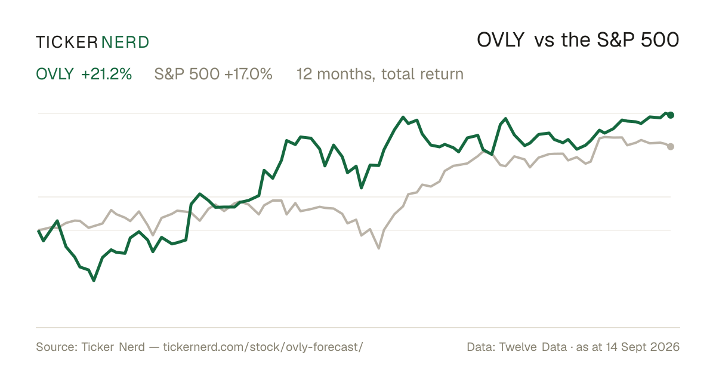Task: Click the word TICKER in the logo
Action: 67,42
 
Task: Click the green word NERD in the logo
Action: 125,42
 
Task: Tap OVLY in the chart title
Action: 501,40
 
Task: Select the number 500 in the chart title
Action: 660,40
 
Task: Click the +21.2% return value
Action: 106,74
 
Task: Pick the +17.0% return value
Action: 248,74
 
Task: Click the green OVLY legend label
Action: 55,74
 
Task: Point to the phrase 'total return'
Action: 422,74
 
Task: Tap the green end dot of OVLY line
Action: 671,115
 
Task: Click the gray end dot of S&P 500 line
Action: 671,146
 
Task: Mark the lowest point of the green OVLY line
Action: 94,281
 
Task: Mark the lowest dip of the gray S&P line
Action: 379,248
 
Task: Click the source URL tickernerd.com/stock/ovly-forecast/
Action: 263,347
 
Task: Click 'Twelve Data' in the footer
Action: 533,347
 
